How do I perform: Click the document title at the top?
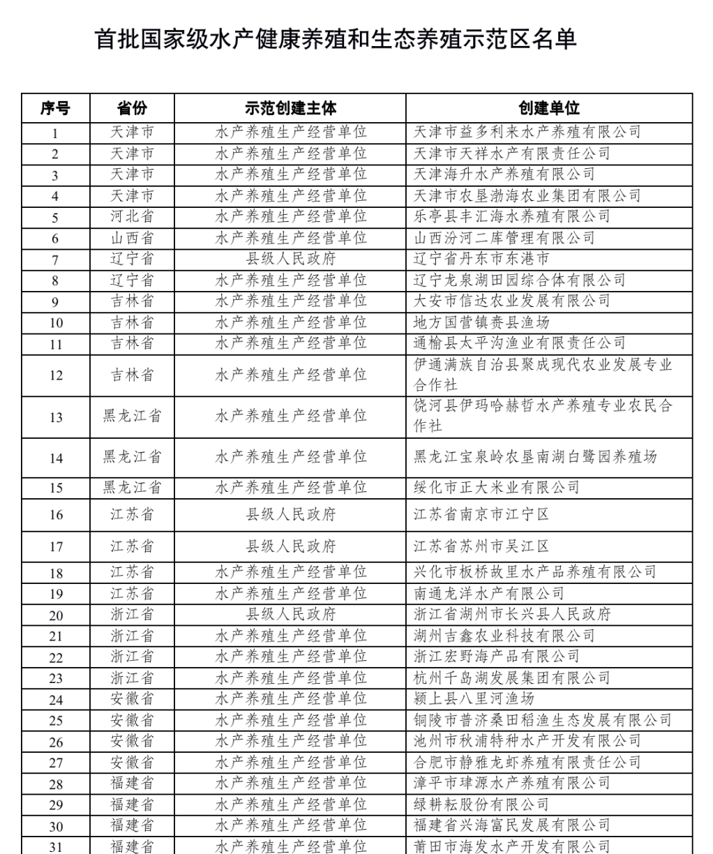[x=336, y=39]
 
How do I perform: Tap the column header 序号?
[x=55, y=108]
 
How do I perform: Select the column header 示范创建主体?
[x=290, y=108]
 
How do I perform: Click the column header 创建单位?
[x=548, y=108]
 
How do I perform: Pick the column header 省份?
[x=132, y=108]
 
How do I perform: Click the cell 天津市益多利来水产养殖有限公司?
[x=527, y=133]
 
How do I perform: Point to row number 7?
[x=55, y=260]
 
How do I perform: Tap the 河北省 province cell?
[x=132, y=217]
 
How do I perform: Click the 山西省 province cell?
[x=132, y=238]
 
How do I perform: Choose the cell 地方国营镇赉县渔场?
[x=481, y=323]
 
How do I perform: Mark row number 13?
[x=55, y=417]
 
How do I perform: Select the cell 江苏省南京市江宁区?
[x=481, y=515]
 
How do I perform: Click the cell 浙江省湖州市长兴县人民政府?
[x=512, y=615]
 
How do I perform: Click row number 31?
[x=55, y=847]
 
